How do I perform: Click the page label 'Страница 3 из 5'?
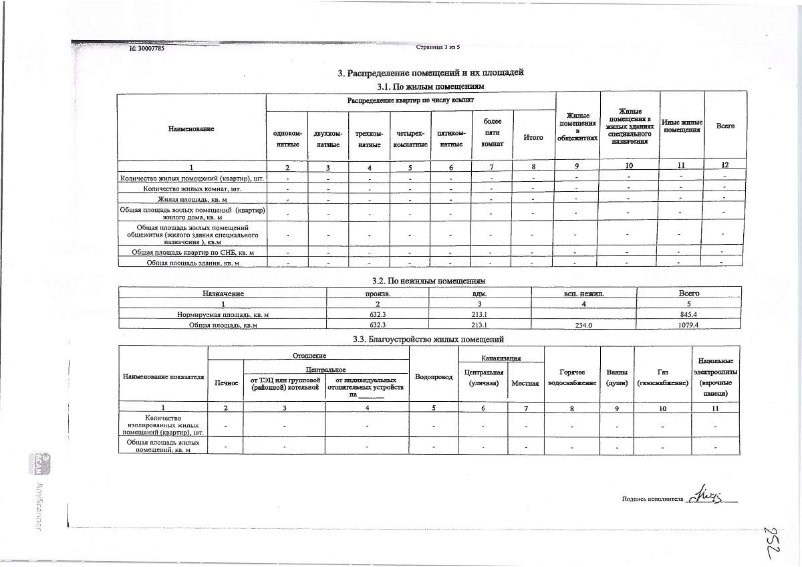[438, 47]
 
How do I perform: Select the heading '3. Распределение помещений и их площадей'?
[430, 73]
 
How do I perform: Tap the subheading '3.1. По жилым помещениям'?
[430, 87]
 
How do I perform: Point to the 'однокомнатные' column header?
[287, 139]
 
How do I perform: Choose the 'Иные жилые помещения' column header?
[682, 126]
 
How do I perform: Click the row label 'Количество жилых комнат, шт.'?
[192, 189]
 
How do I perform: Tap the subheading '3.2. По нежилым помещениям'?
[430, 281]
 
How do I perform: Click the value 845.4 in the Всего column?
[688, 314]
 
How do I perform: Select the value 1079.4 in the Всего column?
[688, 325]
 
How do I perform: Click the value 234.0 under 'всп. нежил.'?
[583, 325]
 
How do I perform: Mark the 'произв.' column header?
[378, 294]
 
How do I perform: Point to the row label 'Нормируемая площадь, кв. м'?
[223, 314]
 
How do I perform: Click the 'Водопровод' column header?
[434, 377]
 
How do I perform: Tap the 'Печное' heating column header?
[225, 382]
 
